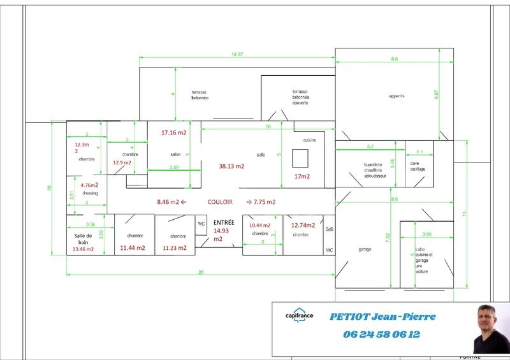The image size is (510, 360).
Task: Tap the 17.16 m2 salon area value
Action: click(173, 133)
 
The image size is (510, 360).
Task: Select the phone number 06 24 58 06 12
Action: click(381, 334)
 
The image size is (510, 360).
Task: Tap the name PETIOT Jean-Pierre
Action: click(382, 317)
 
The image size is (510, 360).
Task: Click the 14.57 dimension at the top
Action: click(237, 55)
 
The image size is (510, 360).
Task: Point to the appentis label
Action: click(397, 96)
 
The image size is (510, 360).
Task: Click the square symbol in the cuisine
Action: click(300, 157)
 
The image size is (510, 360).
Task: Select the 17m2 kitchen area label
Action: click(302, 176)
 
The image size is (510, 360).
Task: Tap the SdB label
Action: click(330, 229)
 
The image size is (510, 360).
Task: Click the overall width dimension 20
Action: click(200, 272)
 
